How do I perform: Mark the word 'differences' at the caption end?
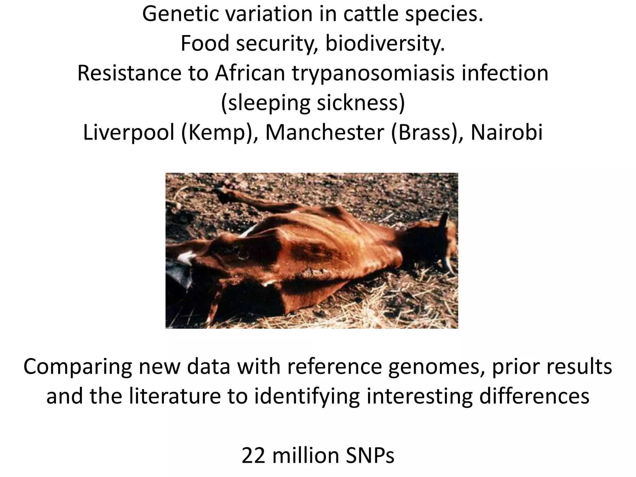(534, 397)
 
